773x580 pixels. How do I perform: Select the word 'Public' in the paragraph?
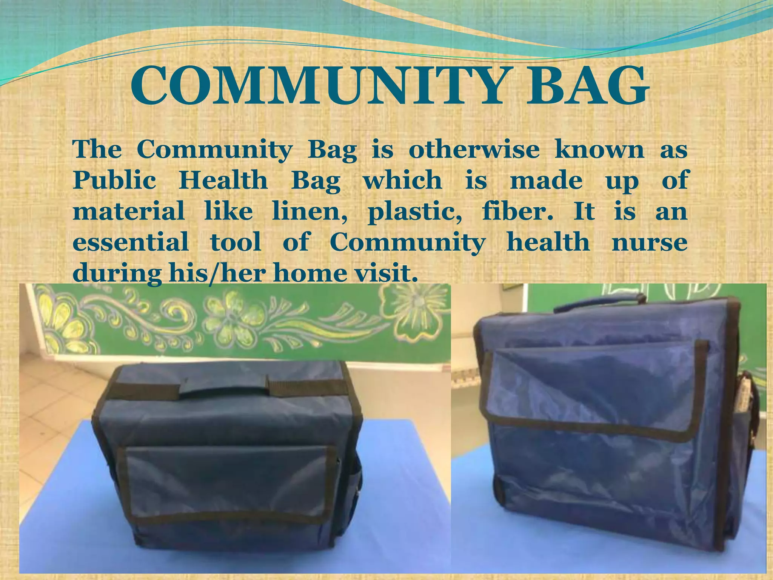pyautogui.click(x=114, y=181)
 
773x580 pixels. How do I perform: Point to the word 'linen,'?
pyautogui.click(x=310, y=212)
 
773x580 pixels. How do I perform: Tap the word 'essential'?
pyautogui.click(x=131, y=242)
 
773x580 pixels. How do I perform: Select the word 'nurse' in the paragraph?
pyautogui.click(x=649, y=243)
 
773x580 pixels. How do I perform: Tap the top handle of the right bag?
pyautogui.click(x=600, y=302)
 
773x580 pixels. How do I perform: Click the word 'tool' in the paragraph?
pyautogui.click(x=236, y=242)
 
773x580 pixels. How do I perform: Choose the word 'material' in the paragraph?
pyautogui.click(x=128, y=212)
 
